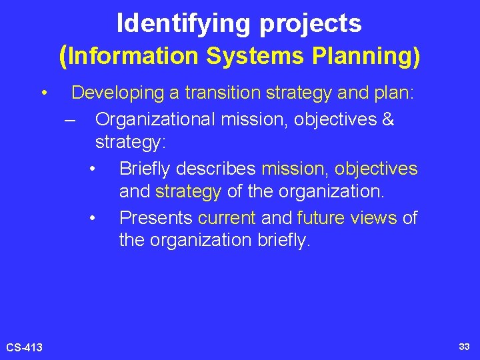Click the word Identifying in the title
pos(184,24)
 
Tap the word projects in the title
pos(311,24)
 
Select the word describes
pos(223,169)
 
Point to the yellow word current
pos(227,218)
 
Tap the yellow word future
pos(321,218)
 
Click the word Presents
pos(156,218)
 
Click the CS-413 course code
pos(24,347)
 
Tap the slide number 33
pos(464,347)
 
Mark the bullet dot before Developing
pos(43,93)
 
